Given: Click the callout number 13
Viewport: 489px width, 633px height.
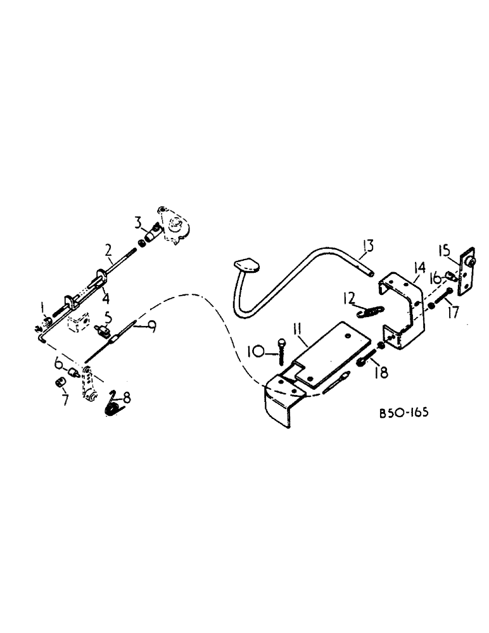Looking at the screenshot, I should click(369, 245).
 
